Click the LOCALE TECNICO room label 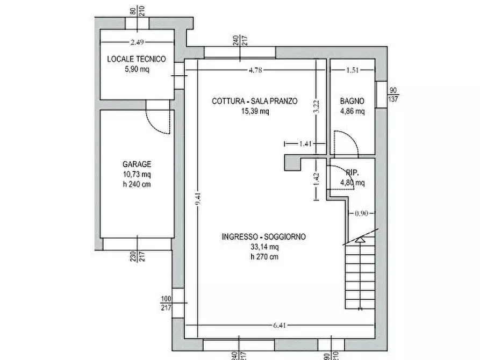tap(137, 59)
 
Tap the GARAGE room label tap(137, 164)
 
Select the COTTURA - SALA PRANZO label tap(254, 101)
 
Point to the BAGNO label tap(352, 101)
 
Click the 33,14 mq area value tap(264, 247)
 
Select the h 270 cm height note tap(264, 257)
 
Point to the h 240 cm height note tap(137, 185)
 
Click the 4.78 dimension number tap(255, 69)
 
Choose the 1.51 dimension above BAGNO tap(352, 69)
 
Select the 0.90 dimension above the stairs tap(361, 213)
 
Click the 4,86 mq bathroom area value tap(353, 111)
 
